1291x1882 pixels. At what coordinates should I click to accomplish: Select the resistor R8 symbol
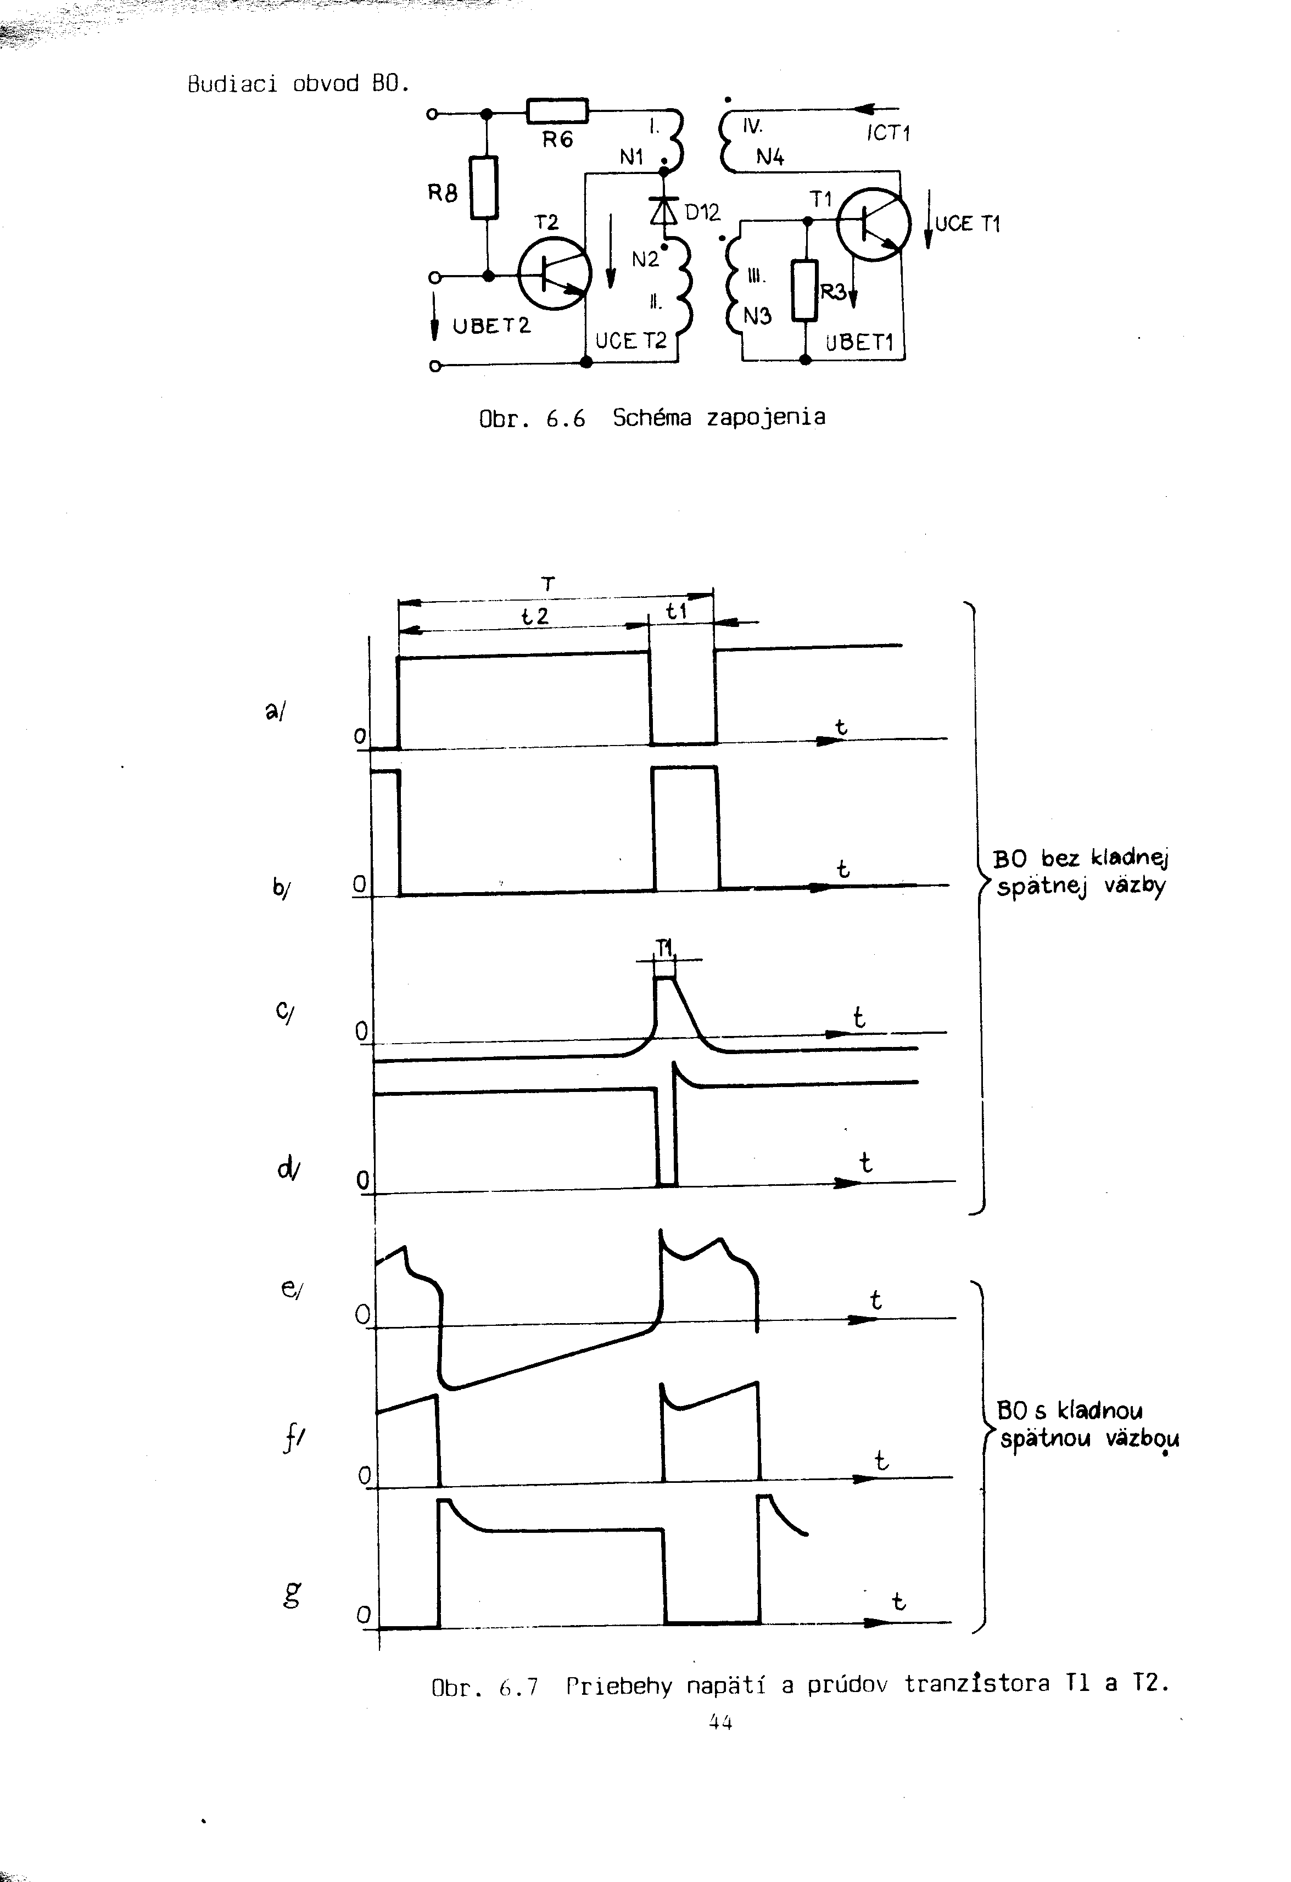[x=484, y=187]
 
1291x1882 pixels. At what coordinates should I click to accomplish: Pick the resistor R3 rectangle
[x=805, y=290]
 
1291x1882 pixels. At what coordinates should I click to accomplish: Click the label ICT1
[x=888, y=133]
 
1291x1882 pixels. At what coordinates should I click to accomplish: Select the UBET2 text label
[x=491, y=326]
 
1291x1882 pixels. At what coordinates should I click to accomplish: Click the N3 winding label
[x=757, y=316]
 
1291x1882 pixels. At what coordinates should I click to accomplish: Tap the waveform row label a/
[x=275, y=710]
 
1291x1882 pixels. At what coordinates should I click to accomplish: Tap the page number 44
[x=720, y=1722]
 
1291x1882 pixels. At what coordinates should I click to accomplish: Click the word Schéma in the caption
[x=652, y=417]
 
